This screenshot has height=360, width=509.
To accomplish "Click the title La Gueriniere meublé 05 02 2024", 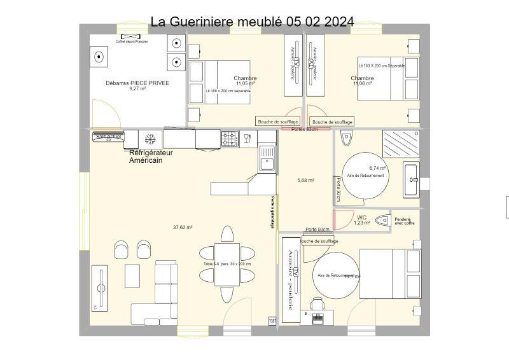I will click(252, 22).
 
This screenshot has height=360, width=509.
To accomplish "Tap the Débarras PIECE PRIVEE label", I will click(137, 83).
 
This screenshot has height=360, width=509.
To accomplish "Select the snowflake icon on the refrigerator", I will click(151, 139).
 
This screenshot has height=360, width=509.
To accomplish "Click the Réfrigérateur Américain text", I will click(151, 156).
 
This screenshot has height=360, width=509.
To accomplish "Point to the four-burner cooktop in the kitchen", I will click(229, 138).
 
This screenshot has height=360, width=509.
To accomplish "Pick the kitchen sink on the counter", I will click(267, 158).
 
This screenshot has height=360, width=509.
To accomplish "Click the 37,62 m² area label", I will click(183, 227).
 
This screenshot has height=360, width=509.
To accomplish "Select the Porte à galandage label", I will click(273, 212).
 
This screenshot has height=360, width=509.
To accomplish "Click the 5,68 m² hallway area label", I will click(305, 181).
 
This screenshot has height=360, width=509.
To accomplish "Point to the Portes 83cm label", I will click(304, 129).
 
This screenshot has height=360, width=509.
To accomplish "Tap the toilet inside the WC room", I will click(382, 220).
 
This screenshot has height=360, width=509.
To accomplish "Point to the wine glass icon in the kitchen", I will click(248, 138).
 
